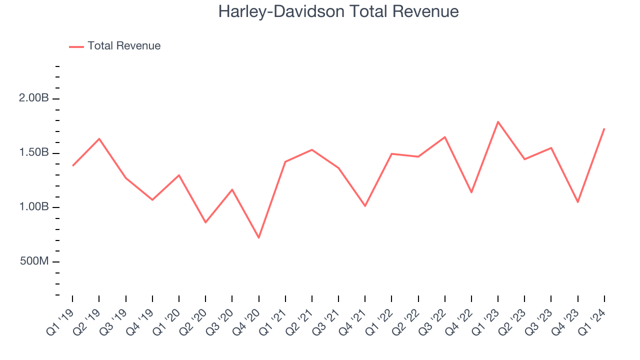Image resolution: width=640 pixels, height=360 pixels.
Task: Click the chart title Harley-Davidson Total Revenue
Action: click(338, 11)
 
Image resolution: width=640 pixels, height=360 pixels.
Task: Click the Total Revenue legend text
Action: click(124, 46)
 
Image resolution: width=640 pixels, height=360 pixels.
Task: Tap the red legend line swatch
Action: click(76, 46)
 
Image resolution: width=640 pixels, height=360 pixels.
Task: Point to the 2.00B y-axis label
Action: click(34, 98)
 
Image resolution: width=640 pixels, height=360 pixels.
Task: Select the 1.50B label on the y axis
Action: click(34, 152)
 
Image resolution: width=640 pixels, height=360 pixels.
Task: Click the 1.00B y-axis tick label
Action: click(34, 207)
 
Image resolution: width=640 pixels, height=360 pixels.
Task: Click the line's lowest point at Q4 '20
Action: click(258, 237)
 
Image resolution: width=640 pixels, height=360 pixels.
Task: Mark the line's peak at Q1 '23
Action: click(498, 121)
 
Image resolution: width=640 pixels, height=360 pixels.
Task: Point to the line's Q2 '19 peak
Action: click(99, 138)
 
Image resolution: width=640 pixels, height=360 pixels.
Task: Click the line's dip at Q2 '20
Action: click(205, 222)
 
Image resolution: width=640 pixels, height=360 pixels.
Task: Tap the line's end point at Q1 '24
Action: click(604, 129)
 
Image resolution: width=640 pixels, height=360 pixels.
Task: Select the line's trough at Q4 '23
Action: click(577, 202)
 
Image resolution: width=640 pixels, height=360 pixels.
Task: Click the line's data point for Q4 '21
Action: click(365, 206)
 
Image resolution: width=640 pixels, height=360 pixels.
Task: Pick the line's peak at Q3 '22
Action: click(444, 137)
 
